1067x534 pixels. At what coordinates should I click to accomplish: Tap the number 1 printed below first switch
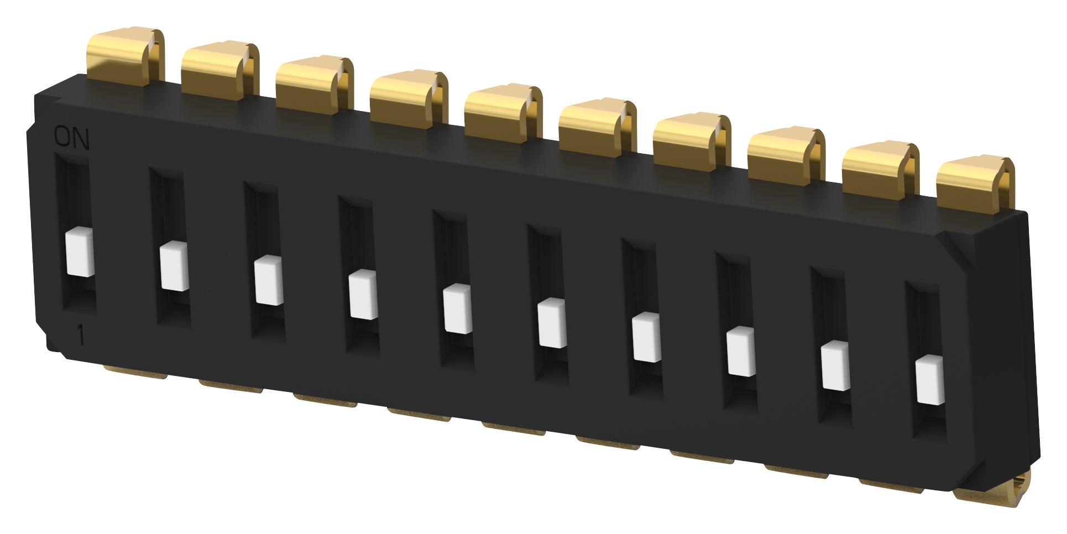point(81,336)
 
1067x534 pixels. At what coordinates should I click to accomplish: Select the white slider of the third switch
point(269,281)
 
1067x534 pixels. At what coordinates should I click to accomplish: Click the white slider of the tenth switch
point(929,381)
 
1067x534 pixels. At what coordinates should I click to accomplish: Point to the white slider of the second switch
point(174,266)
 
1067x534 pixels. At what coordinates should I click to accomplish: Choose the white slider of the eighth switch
point(740,350)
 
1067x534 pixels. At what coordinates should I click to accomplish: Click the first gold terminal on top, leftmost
point(126,57)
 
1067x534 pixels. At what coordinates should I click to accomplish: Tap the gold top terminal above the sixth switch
point(597,125)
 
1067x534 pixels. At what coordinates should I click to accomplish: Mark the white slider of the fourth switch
point(363,295)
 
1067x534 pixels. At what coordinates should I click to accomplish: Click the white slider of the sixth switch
point(551,322)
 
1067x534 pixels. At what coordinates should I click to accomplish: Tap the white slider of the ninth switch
point(835,365)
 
